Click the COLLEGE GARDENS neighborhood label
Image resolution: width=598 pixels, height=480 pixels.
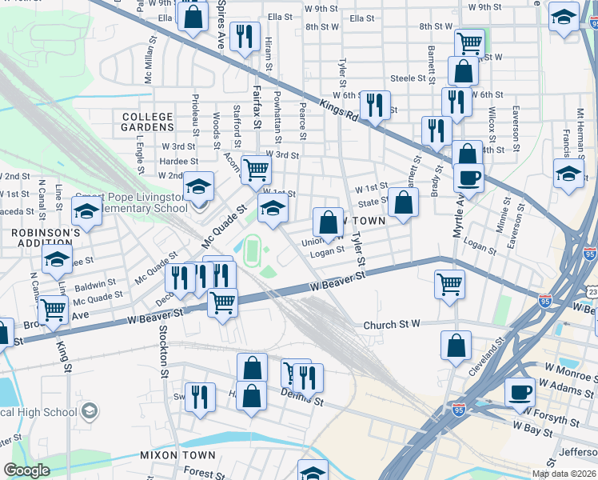[148, 122]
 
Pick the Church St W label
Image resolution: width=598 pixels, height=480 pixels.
[392, 325]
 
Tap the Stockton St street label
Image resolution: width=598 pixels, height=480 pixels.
[163, 352]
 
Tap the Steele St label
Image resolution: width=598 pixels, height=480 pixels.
[406, 78]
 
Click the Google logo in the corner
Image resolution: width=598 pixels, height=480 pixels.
[26, 470]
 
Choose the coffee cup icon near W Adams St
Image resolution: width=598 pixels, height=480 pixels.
[520, 392]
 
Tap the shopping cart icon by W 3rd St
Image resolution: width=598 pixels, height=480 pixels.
[256, 169]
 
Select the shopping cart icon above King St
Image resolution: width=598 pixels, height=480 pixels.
[54, 310]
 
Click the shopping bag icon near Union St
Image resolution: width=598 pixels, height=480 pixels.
[328, 222]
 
